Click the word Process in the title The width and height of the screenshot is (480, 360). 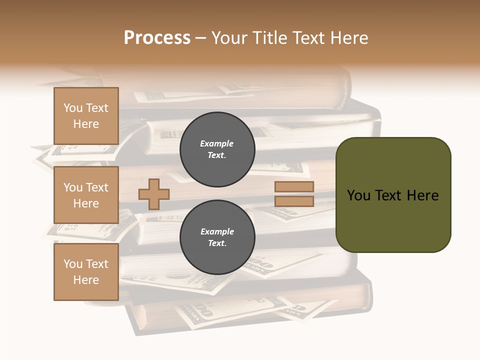[157, 37]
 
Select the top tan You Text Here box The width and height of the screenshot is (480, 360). [86, 116]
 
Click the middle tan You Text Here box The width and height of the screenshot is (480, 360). [86, 195]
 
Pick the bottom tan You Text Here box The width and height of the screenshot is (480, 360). [86, 272]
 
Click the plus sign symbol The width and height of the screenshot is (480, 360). [154, 193]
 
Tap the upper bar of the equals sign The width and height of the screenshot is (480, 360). [294, 187]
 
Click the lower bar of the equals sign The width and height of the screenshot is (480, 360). [294, 201]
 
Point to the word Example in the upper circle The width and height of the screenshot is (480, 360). [217, 143]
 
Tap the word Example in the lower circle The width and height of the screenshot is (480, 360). [217, 231]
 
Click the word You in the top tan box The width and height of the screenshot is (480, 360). [73, 108]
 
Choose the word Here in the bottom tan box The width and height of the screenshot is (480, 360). [86, 280]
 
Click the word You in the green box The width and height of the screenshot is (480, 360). [358, 195]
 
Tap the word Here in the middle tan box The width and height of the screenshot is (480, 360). [86, 203]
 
